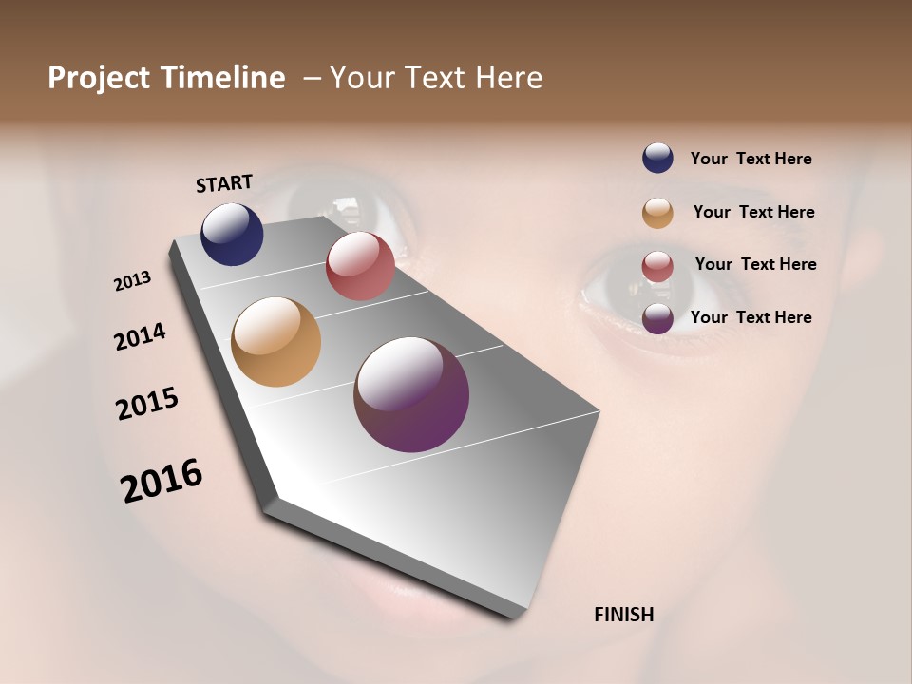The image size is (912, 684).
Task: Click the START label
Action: click(224, 183)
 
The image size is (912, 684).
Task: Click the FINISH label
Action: click(623, 615)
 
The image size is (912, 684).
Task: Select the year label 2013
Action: click(132, 281)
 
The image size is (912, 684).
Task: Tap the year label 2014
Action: click(140, 336)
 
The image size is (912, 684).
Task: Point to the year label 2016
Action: click(161, 481)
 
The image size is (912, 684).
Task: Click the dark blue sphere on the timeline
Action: click(232, 234)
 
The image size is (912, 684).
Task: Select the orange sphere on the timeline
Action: click(275, 342)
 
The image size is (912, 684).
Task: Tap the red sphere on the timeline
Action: click(360, 266)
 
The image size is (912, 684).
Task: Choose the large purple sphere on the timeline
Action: click(411, 394)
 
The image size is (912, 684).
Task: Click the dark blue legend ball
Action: click(657, 159)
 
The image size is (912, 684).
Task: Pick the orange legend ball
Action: click(657, 213)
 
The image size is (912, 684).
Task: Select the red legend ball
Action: click(657, 266)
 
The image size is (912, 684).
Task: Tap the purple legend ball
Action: click(657, 318)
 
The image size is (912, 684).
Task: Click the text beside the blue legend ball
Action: click(750, 160)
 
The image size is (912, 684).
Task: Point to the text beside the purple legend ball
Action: click(750, 317)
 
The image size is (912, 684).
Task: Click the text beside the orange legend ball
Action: click(753, 212)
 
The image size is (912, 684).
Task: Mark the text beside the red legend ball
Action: click(755, 264)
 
